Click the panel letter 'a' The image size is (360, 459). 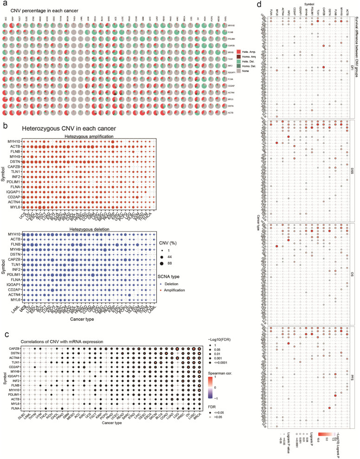tap(4, 5)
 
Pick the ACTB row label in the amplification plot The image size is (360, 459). tap(14, 147)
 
